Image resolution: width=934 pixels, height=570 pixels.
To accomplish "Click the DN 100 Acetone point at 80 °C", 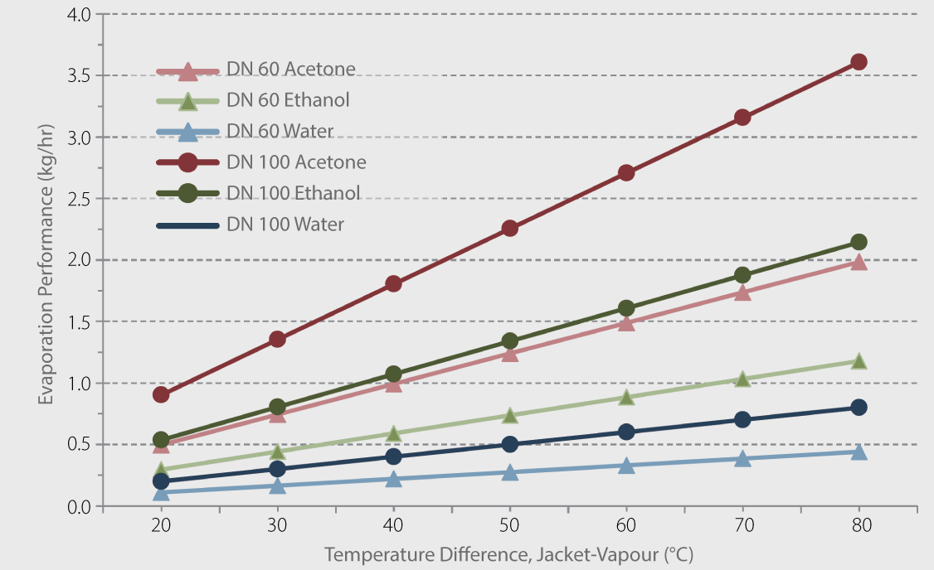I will pyautogui.click(x=859, y=62).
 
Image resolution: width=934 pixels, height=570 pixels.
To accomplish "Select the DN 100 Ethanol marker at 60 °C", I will pyautogui.click(x=626, y=308).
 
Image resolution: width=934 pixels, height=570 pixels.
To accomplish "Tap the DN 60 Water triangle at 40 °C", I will pyautogui.click(x=393, y=479).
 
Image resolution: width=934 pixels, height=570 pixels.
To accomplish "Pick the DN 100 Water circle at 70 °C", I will pyautogui.click(x=742, y=419).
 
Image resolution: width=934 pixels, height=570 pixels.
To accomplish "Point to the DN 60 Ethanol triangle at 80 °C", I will pyautogui.click(x=859, y=361).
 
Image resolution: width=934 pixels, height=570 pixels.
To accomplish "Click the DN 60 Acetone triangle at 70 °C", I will pyautogui.click(x=742, y=292).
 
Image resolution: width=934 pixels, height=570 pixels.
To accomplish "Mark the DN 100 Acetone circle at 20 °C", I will pyautogui.click(x=161, y=394).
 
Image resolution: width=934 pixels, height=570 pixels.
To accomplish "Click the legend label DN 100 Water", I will pyautogui.click(x=285, y=224).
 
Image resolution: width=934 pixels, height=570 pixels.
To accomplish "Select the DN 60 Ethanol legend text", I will pyautogui.click(x=287, y=100).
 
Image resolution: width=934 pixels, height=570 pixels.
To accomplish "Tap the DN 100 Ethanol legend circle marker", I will pyautogui.click(x=188, y=193).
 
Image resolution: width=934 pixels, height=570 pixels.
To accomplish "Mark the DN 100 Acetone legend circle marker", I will pyautogui.click(x=188, y=162).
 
